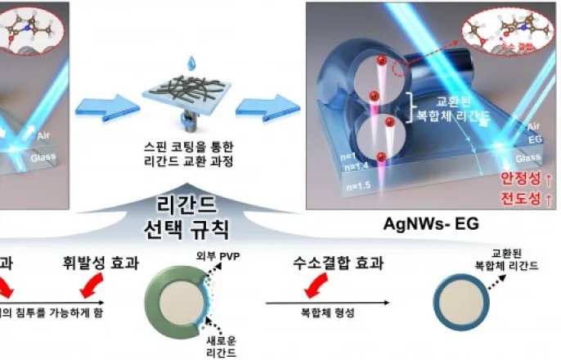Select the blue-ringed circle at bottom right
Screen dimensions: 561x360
[463, 303]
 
